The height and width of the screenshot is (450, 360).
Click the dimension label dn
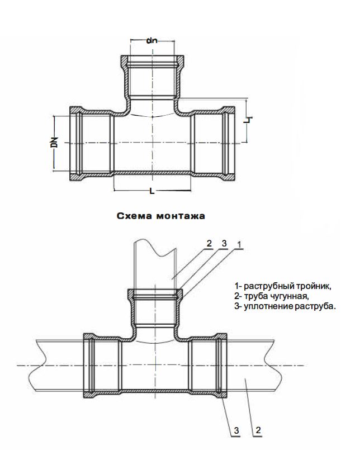click(152, 41)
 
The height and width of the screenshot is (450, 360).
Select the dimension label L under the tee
click(152, 191)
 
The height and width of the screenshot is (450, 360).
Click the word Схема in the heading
click(134, 216)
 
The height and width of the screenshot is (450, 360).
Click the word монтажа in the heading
click(181, 216)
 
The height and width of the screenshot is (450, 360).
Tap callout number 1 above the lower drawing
click(239, 244)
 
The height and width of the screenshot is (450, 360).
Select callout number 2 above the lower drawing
click(209, 243)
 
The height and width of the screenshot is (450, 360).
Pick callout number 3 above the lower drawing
click(224, 243)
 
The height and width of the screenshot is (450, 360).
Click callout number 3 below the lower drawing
click(236, 430)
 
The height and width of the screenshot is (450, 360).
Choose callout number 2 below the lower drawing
click(258, 430)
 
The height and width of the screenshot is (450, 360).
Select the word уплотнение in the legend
click(266, 306)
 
